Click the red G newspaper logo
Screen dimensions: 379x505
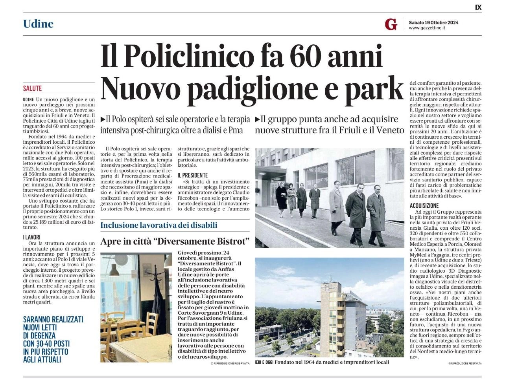pyautogui.click(x=391, y=24)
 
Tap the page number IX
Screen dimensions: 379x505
pyautogui.click(x=478, y=7)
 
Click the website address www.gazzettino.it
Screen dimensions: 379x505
pyautogui.click(x=427, y=28)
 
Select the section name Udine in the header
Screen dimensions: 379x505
pyautogui.click(x=38, y=24)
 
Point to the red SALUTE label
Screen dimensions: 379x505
pyautogui.click(x=32, y=89)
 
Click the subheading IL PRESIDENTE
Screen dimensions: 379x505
pyautogui.click(x=193, y=175)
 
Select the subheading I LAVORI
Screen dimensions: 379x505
pyautogui.click(x=31, y=237)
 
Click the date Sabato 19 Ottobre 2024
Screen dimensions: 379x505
pyautogui.click(x=433, y=22)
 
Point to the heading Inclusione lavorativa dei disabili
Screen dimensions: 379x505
pyautogui.click(x=159, y=225)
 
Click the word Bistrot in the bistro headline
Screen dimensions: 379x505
pyautogui.click(x=229, y=242)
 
